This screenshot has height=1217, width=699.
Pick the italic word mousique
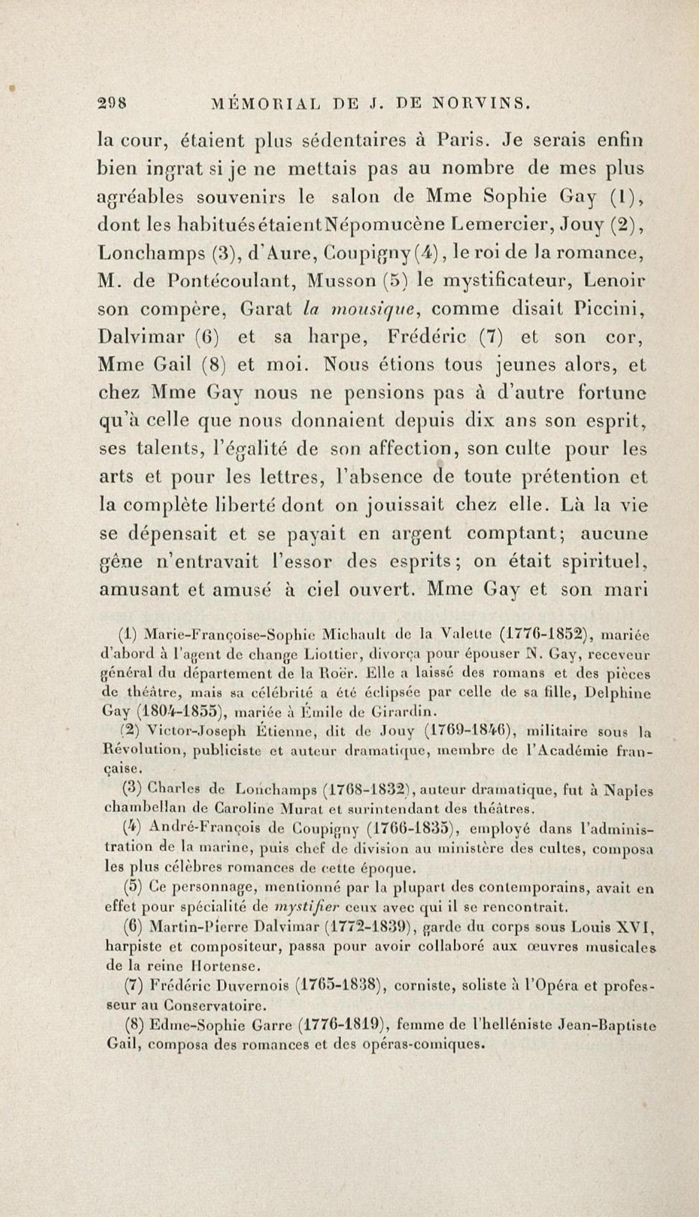[375, 309]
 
